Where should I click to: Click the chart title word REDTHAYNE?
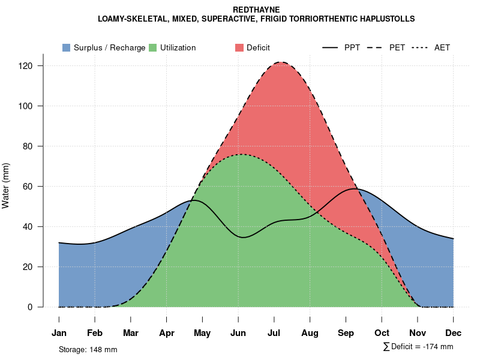coord(256,10)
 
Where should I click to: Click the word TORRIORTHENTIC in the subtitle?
coord(319,19)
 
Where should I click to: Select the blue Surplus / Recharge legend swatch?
coord(66,47)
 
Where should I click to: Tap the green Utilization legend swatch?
coord(153,47)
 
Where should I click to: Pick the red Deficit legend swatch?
coord(239,47)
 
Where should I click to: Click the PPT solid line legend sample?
coord(330,47)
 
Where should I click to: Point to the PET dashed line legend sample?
coord(375,47)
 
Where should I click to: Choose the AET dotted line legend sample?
coord(420,47)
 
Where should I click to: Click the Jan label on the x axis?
coord(59,333)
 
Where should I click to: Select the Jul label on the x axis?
coord(274,333)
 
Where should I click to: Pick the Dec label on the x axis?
coord(454,333)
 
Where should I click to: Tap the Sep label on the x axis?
coord(346,333)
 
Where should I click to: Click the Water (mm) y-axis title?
coord(6,185)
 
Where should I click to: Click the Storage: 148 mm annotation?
coord(88,349)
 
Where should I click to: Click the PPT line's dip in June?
coord(242,237)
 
